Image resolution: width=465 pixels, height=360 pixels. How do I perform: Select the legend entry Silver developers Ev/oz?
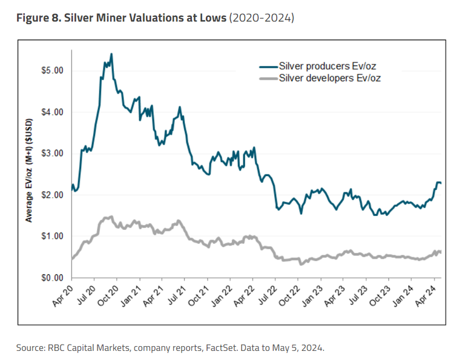331,78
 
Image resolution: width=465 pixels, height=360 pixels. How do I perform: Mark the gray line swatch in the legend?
268,79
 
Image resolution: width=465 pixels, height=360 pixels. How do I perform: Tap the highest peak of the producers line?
111,54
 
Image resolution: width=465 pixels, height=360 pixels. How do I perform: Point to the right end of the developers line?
440,251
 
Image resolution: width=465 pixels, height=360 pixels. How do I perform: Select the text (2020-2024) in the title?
261,19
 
